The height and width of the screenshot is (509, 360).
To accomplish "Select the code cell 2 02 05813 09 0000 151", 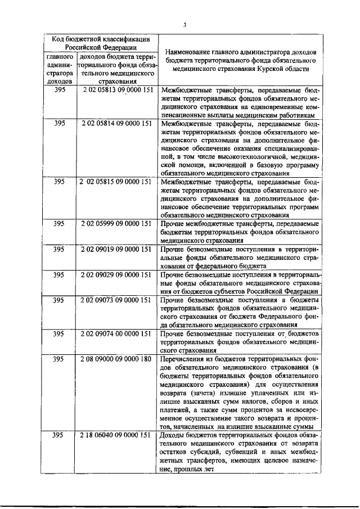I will click(x=116, y=90).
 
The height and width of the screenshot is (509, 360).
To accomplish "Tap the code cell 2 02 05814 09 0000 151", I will click(x=116, y=123).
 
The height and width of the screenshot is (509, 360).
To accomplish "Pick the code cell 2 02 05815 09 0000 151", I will click(x=116, y=182).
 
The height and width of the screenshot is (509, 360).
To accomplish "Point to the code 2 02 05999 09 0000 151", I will click(x=116, y=224).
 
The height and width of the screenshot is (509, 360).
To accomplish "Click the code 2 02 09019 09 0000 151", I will click(x=116, y=249).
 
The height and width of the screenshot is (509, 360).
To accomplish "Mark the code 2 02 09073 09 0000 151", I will click(x=116, y=300).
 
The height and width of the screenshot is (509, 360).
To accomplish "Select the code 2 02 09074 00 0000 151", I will click(x=116, y=334).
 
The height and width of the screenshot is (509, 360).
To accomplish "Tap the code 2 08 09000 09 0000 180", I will click(x=116, y=359).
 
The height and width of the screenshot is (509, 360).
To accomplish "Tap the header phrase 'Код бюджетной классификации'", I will click(x=101, y=39).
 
